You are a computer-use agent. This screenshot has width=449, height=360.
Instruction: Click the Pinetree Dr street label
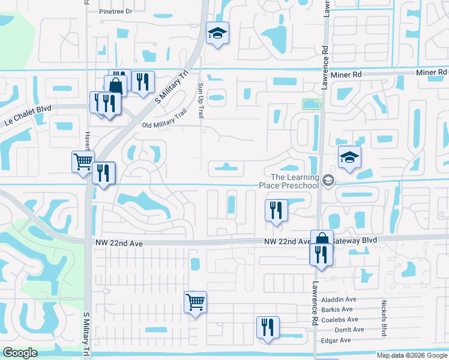click(x=115, y=11)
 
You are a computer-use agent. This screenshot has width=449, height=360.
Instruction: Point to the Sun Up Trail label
click(x=201, y=100)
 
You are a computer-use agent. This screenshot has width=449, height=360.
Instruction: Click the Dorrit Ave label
click(x=351, y=329)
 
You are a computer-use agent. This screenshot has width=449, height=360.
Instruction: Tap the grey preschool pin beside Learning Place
click(x=328, y=180)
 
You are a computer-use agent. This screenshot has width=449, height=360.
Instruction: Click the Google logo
click(x=20, y=353)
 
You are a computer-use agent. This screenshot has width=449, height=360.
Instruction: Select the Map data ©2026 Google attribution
click(x=411, y=355)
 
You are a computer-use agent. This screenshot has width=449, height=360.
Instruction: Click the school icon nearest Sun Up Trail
click(x=217, y=34)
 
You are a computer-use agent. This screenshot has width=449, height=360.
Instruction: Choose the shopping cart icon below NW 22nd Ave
click(x=195, y=302)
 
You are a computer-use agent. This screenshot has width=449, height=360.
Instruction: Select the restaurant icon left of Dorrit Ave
click(x=267, y=327)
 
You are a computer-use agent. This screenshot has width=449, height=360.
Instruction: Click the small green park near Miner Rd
click(x=311, y=104)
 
